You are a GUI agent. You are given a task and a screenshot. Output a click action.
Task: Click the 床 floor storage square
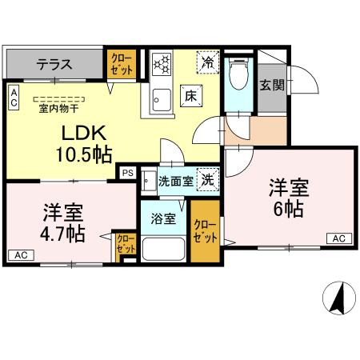pos(193,93)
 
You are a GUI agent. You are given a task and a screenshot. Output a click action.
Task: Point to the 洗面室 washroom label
pos(174,182)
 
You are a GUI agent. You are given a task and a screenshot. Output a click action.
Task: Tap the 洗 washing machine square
pos(207,181)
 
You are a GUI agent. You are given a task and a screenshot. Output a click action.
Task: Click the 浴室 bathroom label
pos(165,218)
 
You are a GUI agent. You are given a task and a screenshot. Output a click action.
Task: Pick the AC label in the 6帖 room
pos(338,238)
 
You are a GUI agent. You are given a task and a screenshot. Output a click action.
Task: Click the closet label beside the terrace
pos(122,64)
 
